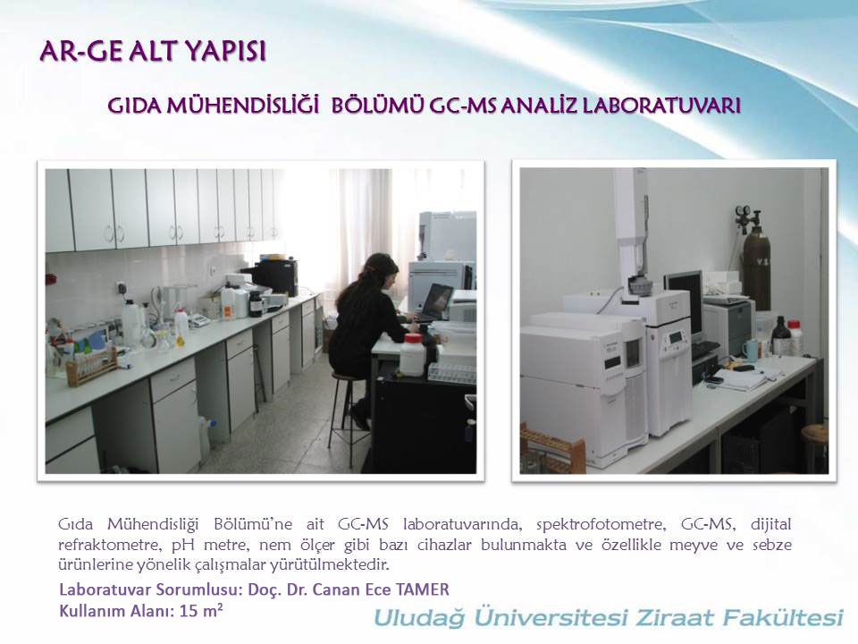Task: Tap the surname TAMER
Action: tap(422, 589)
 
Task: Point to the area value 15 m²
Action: tap(201, 610)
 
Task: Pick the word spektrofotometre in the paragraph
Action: tap(601, 525)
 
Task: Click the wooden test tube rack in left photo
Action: tap(91, 364)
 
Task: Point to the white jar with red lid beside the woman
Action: tap(413, 353)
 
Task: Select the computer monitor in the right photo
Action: tap(684, 303)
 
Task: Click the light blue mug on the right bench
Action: tap(751, 350)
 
